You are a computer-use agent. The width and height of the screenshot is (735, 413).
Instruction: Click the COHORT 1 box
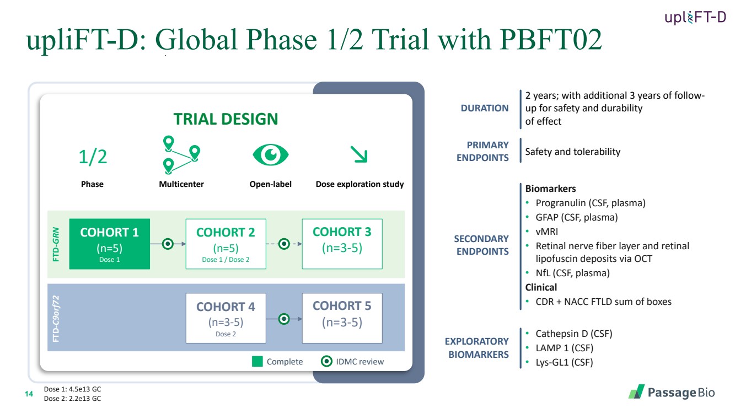109,244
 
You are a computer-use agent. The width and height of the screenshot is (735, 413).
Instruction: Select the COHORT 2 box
226,244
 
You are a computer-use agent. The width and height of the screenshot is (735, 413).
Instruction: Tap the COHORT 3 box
342,244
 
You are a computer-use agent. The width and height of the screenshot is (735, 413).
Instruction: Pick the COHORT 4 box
226,318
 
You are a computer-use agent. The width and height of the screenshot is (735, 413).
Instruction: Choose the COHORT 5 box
342,318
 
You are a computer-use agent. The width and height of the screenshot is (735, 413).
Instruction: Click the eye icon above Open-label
270,154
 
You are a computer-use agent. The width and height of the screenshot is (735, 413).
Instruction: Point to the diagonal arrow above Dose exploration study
360,155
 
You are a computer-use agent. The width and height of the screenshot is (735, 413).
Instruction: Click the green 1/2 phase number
93,157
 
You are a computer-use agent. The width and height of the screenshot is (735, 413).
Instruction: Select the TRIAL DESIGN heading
226,119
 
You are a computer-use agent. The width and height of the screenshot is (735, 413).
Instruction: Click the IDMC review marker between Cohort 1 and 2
168,243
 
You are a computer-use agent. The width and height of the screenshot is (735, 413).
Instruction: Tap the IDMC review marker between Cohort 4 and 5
284,318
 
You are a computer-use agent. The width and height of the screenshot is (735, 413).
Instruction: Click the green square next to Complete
257,362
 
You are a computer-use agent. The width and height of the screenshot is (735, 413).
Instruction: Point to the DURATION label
485,108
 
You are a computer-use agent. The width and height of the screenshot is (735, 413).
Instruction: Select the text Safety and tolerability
572,152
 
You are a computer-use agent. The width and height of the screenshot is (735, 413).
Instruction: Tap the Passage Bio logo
671,392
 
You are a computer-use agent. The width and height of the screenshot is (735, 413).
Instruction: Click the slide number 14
30,393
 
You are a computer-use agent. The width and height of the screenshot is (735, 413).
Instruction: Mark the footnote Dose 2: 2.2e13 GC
72,398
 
